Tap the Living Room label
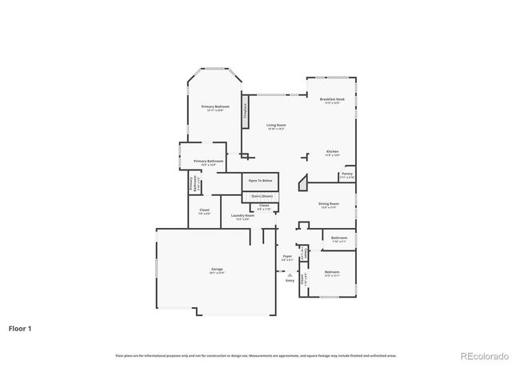(x=276, y=126)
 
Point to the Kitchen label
(x=332, y=153)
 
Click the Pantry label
(x=346, y=174)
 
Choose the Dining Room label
(x=329, y=204)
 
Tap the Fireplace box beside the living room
(x=245, y=111)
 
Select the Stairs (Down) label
(x=262, y=196)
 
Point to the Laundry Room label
(x=242, y=216)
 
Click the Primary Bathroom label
(x=209, y=162)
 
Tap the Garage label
(x=217, y=270)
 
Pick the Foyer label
(x=287, y=257)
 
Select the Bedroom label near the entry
(x=332, y=273)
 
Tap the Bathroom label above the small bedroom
(x=339, y=238)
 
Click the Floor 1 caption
(x=21, y=328)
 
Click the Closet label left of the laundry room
(x=204, y=210)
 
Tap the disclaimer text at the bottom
(x=256, y=355)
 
